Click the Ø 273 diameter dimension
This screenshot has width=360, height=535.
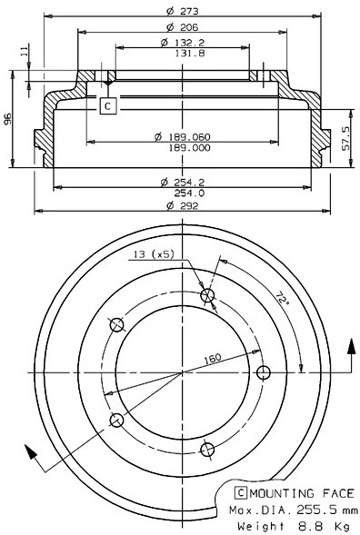(183, 11)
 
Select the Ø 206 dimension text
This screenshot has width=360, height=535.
(183, 27)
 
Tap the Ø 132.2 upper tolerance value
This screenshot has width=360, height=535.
(183, 43)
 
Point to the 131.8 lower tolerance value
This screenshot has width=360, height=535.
(190, 53)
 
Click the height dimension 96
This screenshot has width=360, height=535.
(7, 119)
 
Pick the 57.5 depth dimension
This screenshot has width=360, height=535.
(346, 138)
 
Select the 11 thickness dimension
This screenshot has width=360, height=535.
(24, 51)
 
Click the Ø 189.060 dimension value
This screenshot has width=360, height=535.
(183, 137)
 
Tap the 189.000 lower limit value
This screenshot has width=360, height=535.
(190, 147)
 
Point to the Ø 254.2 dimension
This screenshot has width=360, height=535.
(183, 182)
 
